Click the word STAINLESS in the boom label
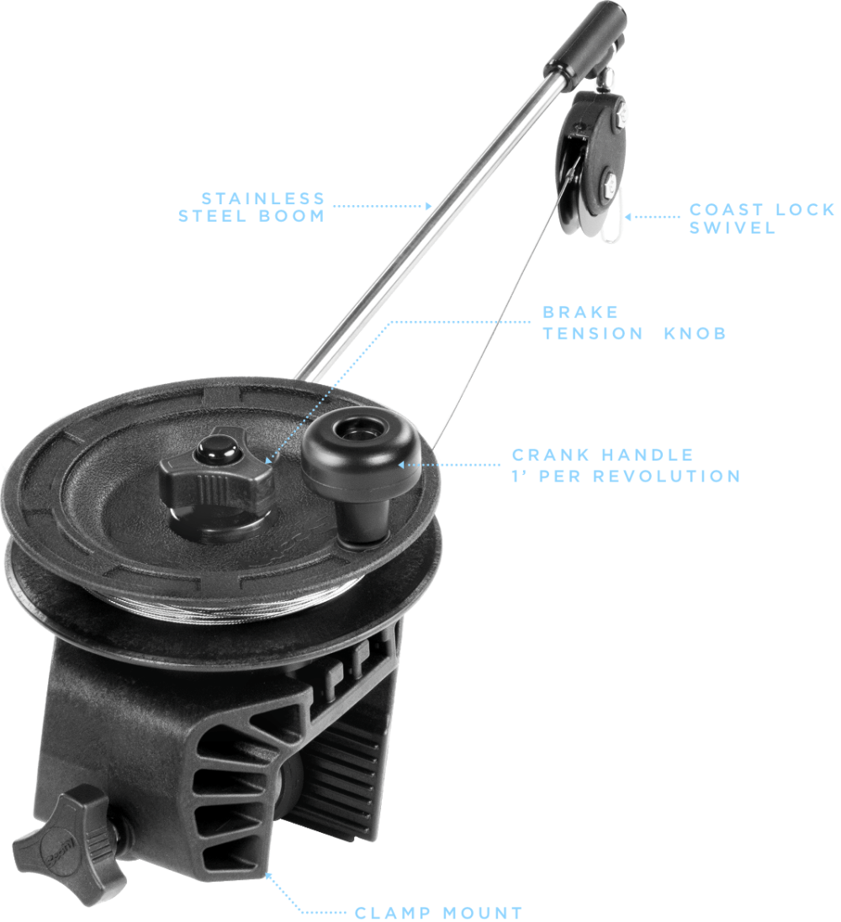(263, 198)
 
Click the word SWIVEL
(733, 228)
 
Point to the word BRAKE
(572, 312)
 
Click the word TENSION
(593, 334)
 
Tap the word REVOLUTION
(666, 477)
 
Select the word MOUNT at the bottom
(484, 914)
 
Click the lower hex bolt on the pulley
(609, 183)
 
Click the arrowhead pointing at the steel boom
(428, 206)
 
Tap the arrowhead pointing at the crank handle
(401, 465)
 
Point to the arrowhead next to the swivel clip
(628, 217)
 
